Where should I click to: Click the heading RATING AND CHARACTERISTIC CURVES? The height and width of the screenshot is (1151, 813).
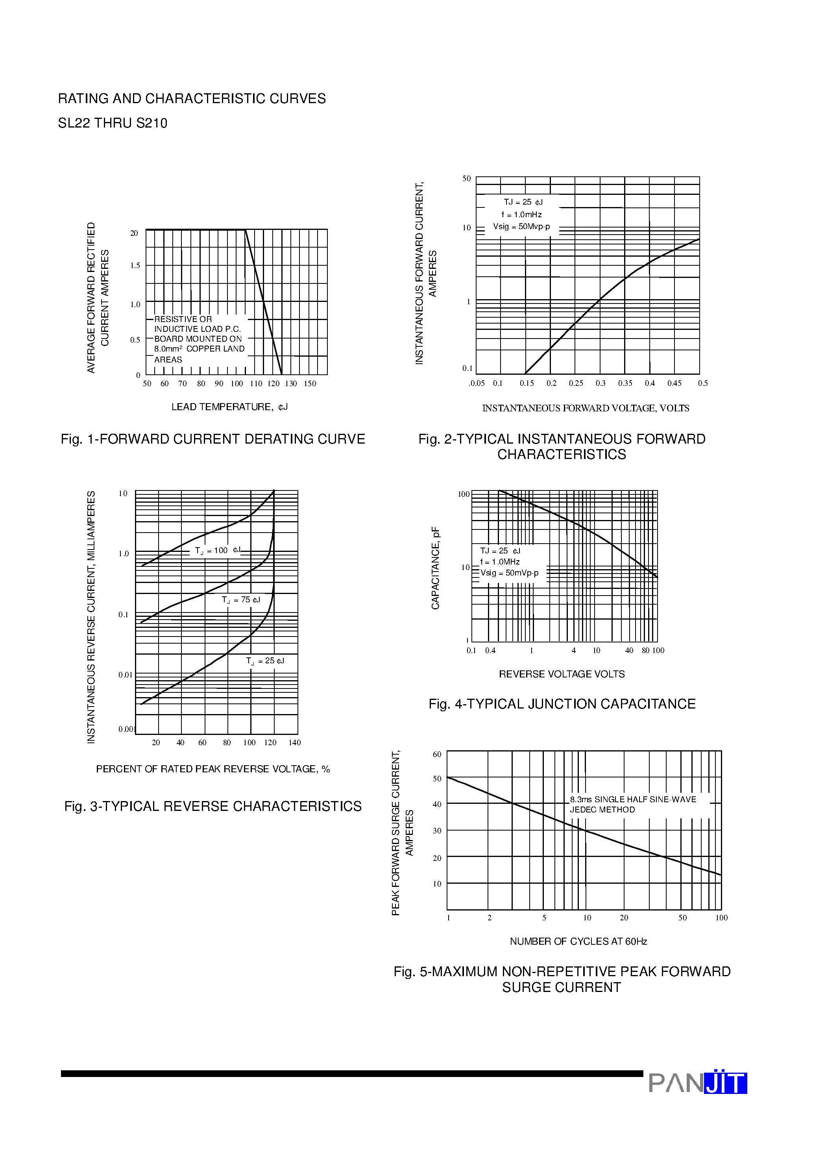pyautogui.click(x=192, y=99)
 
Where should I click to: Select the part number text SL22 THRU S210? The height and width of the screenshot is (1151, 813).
pyautogui.click(x=113, y=123)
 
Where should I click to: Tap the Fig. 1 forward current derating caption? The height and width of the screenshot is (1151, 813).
pyautogui.click(x=212, y=439)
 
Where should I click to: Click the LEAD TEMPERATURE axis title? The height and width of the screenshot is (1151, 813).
pyautogui.click(x=229, y=407)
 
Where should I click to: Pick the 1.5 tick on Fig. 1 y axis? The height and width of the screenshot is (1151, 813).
pyautogui.click(x=135, y=266)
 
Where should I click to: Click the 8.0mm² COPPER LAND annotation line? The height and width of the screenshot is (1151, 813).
pyautogui.click(x=199, y=349)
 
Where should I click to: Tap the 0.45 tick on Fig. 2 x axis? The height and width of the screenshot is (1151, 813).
pyautogui.click(x=674, y=383)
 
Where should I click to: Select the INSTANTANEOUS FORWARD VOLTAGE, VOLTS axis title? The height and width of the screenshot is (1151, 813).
pyautogui.click(x=586, y=408)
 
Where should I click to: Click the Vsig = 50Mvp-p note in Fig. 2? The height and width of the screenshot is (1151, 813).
pyautogui.click(x=521, y=227)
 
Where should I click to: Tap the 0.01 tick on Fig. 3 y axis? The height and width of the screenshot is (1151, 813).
pyautogui.click(x=125, y=675)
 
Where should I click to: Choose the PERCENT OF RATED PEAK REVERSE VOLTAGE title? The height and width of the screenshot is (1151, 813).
pyautogui.click(x=212, y=769)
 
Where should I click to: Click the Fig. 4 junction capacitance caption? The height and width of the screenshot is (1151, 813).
pyautogui.click(x=562, y=704)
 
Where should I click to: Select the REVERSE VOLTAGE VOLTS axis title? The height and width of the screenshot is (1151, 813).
pyautogui.click(x=562, y=674)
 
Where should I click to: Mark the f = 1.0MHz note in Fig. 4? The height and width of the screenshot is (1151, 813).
pyautogui.click(x=500, y=562)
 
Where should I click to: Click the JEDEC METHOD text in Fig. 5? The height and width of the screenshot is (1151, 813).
pyautogui.click(x=602, y=810)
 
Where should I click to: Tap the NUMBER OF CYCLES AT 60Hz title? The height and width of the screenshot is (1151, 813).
pyautogui.click(x=578, y=942)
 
